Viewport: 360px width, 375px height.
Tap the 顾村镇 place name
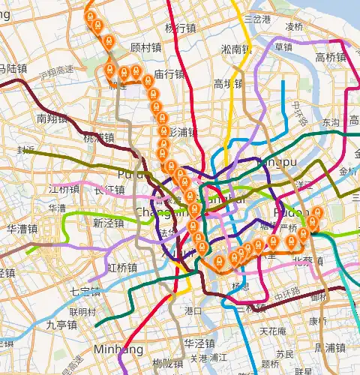(x=145, y=47)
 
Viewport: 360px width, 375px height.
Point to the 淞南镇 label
(x=236, y=49)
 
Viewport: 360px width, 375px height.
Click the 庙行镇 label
(x=169, y=74)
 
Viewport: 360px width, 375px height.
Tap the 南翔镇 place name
(x=52, y=118)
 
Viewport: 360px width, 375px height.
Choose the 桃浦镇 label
(x=98, y=137)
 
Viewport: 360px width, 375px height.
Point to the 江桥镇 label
(x=63, y=188)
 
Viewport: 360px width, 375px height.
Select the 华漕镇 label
(x=22, y=229)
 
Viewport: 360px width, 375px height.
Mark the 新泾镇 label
(x=108, y=223)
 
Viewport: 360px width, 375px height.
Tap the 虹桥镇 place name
(x=121, y=268)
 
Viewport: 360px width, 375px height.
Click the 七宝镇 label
(x=85, y=291)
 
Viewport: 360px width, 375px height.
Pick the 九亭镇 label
(x=61, y=325)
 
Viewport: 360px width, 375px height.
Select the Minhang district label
(x=113, y=349)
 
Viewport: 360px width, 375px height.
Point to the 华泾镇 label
(x=200, y=343)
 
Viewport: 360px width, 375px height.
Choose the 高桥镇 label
(x=331, y=58)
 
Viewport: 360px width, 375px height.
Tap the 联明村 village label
(x=83, y=311)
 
